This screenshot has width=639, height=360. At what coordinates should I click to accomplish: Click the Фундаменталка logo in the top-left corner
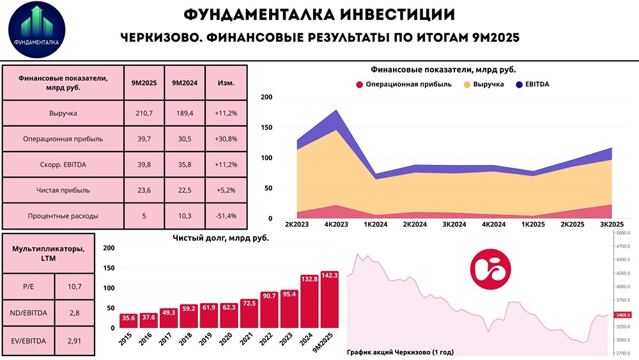(37, 32)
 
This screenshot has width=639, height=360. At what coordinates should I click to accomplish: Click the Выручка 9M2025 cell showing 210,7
(144, 113)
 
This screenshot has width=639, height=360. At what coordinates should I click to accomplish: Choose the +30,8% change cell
(225, 138)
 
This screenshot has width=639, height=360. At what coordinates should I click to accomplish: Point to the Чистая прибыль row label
(63, 190)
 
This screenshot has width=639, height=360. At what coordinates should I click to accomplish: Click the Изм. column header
(225, 83)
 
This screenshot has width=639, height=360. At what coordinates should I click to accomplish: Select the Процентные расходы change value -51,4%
(225, 215)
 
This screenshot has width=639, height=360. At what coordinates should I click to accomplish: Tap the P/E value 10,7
(76, 287)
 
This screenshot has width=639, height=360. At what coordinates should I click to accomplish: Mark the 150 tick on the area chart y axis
(267, 127)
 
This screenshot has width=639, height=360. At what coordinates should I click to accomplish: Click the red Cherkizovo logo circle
(489, 269)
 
